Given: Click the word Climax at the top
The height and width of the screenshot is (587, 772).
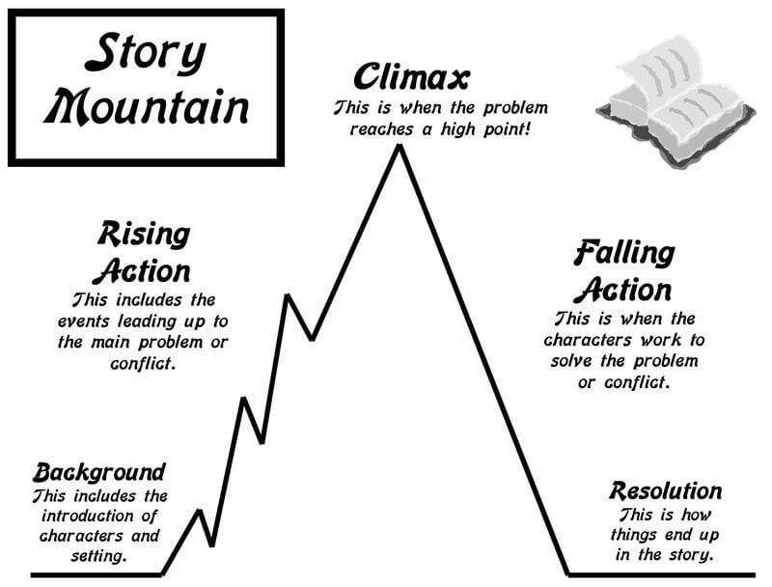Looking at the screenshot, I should pyautogui.click(x=411, y=75).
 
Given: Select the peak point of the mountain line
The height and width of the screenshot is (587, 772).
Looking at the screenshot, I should pyautogui.click(x=397, y=148).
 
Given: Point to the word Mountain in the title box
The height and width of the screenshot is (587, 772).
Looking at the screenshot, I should pyautogui.click(x=146, y=107).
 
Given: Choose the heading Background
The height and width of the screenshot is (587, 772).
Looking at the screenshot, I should pyautogui.click(x=99, y=473).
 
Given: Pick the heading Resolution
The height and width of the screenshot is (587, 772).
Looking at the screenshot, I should pyautogui.click(x=665, y=490).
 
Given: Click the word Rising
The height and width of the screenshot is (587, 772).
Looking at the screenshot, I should pyautogui.click(x=143, y=235).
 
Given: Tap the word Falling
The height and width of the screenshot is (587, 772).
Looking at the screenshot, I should pyautogui.click(x=623, y=254).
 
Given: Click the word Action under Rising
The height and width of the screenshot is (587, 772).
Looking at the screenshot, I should pyautogui.click(x=143, y=270).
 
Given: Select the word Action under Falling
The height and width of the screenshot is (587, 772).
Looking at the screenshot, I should pyautogui.click(x=623, y=289).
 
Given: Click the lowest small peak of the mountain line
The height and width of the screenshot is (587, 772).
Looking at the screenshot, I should pyautogui.click(x=201, y=511).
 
